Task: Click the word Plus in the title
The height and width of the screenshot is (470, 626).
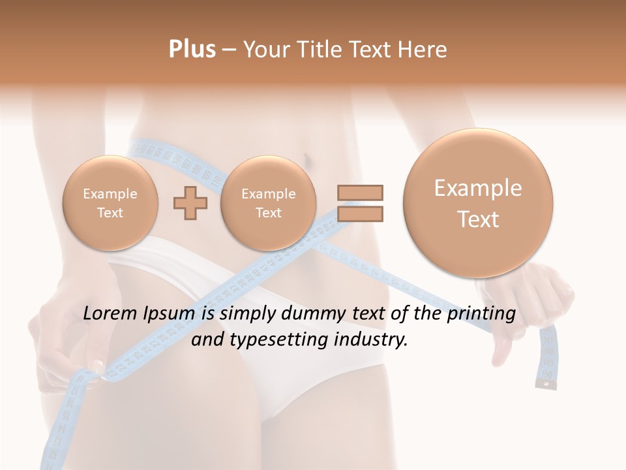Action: click(x=192, y=50)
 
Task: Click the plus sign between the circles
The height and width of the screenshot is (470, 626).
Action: click(x=190, y=203)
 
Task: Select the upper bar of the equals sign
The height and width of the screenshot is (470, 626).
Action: click(x=360, y=193)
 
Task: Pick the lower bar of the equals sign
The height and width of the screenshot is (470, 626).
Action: click(x=360, y=213)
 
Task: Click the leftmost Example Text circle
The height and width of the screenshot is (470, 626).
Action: click(x=110, y=203)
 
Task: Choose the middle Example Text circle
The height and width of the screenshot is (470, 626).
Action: click(x=268, y=203)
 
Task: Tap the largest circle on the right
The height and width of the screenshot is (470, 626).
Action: click(x=478, y=203)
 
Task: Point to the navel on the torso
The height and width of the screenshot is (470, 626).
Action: click(x=304, y=159)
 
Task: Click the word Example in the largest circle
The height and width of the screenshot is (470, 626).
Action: click(x=478, y=188)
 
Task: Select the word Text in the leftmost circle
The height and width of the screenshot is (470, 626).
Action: click(x=110, y=213)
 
